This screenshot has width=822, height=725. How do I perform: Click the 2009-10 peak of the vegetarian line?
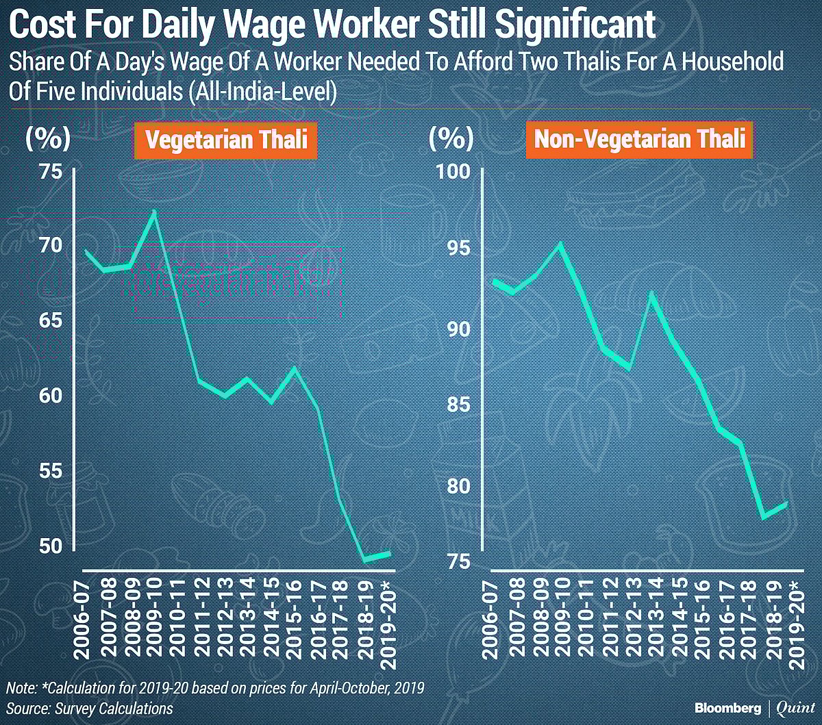[154, 212]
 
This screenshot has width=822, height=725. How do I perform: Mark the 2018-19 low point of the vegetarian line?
[365, 560]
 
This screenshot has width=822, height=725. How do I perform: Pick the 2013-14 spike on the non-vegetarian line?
[651, 294]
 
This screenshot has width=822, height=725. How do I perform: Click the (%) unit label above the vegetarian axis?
[47, 140]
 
